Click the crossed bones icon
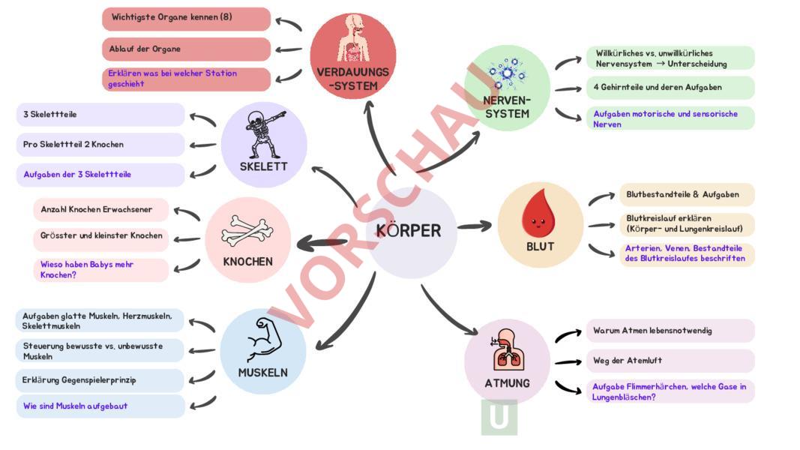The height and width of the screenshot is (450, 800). [x=247, y=232]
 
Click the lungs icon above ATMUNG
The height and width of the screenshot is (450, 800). [x=506, y=349]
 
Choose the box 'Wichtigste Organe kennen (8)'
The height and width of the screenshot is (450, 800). [x=186, y=18]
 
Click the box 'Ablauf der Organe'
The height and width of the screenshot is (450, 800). [x=186, y=49]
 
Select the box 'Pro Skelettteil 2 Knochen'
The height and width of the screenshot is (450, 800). [x=100, y=144]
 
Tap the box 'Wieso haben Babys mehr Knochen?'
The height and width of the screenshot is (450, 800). [x=101, y=269]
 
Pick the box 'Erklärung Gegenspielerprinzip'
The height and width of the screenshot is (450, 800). [x=100, y=380]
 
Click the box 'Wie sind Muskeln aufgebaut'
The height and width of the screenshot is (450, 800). [x=100, y=406]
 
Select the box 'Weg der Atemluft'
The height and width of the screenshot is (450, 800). [x=670, y=361]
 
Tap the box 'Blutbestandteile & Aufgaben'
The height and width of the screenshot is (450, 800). [x=686, y=194]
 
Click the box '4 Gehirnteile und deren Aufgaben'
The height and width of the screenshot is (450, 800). [x=670, y=87]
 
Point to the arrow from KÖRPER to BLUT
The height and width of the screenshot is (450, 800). [x=475, y=225]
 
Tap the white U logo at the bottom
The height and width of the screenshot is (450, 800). [x=499, y=417]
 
